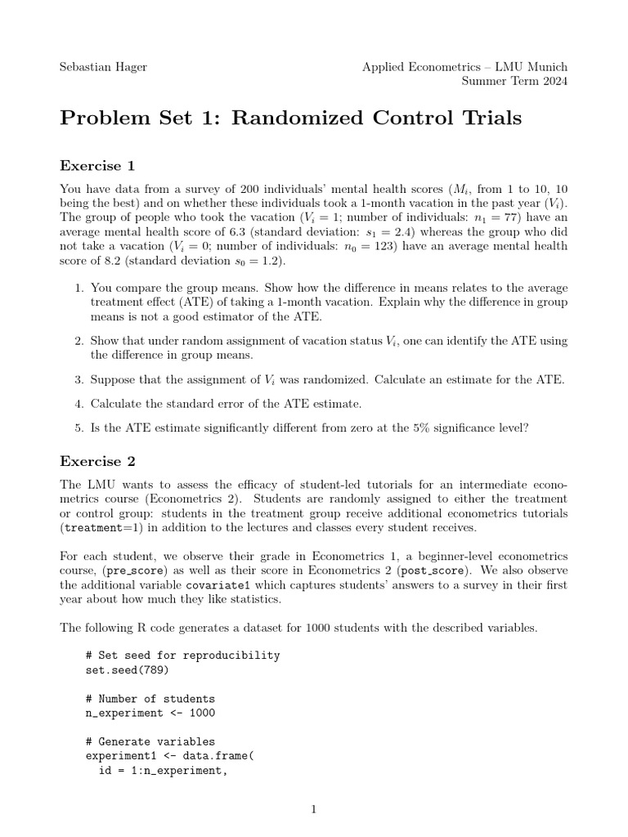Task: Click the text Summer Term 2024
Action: (514, 81)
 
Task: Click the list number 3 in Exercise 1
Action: (78, 380)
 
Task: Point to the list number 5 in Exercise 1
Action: (78, 426)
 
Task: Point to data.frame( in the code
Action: (219, 756)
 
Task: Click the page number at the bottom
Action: (314, 810)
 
